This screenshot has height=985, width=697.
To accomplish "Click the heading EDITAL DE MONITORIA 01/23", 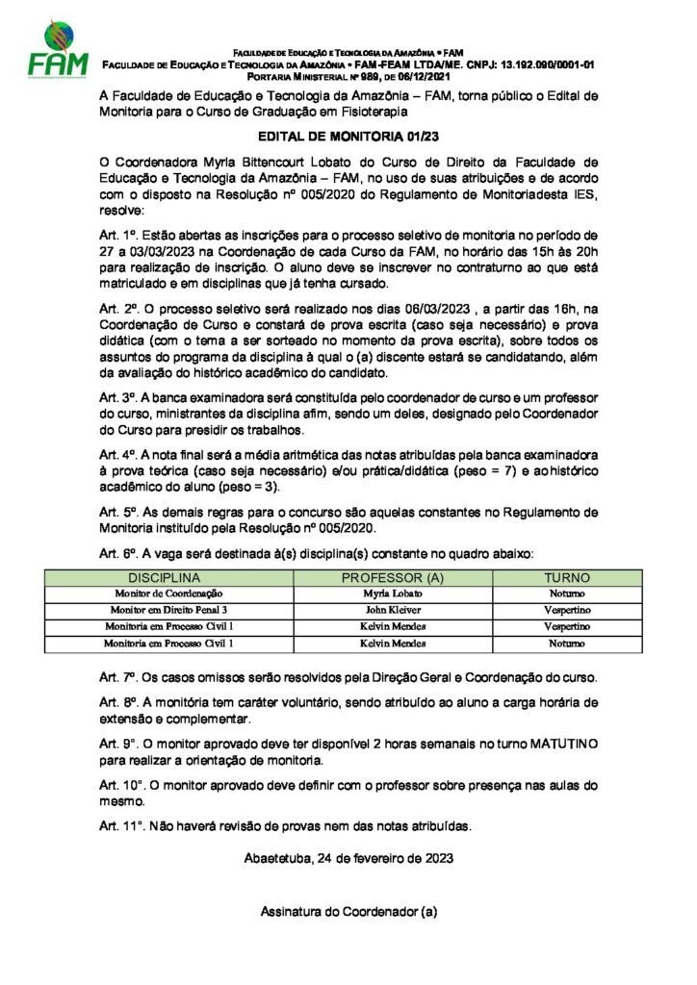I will pyautogui.click(x=348, y=138).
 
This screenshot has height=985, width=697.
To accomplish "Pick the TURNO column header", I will pyautogui.click(x=567, y=577).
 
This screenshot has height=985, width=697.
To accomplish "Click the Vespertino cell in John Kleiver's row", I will pyautogui.click(x=567, y=610).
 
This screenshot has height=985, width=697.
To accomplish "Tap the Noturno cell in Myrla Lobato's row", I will pyautogui.click(x=567, y=594).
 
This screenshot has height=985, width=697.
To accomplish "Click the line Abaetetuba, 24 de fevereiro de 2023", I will pyautogui.click(x=348, y=857).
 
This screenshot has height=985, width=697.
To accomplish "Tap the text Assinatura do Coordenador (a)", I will pyautogui.click(x=348, y=910).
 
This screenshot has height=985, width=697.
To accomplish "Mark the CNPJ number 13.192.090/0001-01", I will pyautogui.click(x=534, y=64).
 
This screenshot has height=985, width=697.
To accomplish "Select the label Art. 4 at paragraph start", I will pyautogui.click(x=118, y=453).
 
